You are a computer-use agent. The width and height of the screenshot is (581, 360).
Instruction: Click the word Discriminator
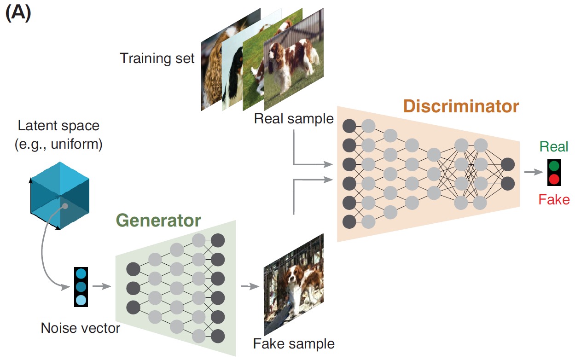[x=461, y=106]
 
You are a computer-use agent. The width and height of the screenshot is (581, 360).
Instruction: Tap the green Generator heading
[x=158, y=221]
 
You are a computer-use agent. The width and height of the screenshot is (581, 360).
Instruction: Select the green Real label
[x=554, y=147]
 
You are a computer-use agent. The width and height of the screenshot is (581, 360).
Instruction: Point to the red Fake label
[x=554, y=200]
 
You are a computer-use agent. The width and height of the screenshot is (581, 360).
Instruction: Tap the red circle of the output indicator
[x=554, y=179]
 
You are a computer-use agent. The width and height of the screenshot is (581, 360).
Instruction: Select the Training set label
[x=157, y=58]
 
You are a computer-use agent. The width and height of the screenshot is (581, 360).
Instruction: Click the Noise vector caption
[x=80, y=328]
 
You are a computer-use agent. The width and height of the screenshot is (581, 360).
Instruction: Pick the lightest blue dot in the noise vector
[x=81, y=300]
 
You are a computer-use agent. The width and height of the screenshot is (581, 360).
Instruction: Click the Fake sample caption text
[x=294, y=343]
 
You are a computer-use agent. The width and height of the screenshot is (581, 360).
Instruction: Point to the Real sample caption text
[x=294, y=119]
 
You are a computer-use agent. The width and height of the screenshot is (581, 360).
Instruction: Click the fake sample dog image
[x=294, y=286]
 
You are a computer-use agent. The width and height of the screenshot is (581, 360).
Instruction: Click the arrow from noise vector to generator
[x=102, y=286]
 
